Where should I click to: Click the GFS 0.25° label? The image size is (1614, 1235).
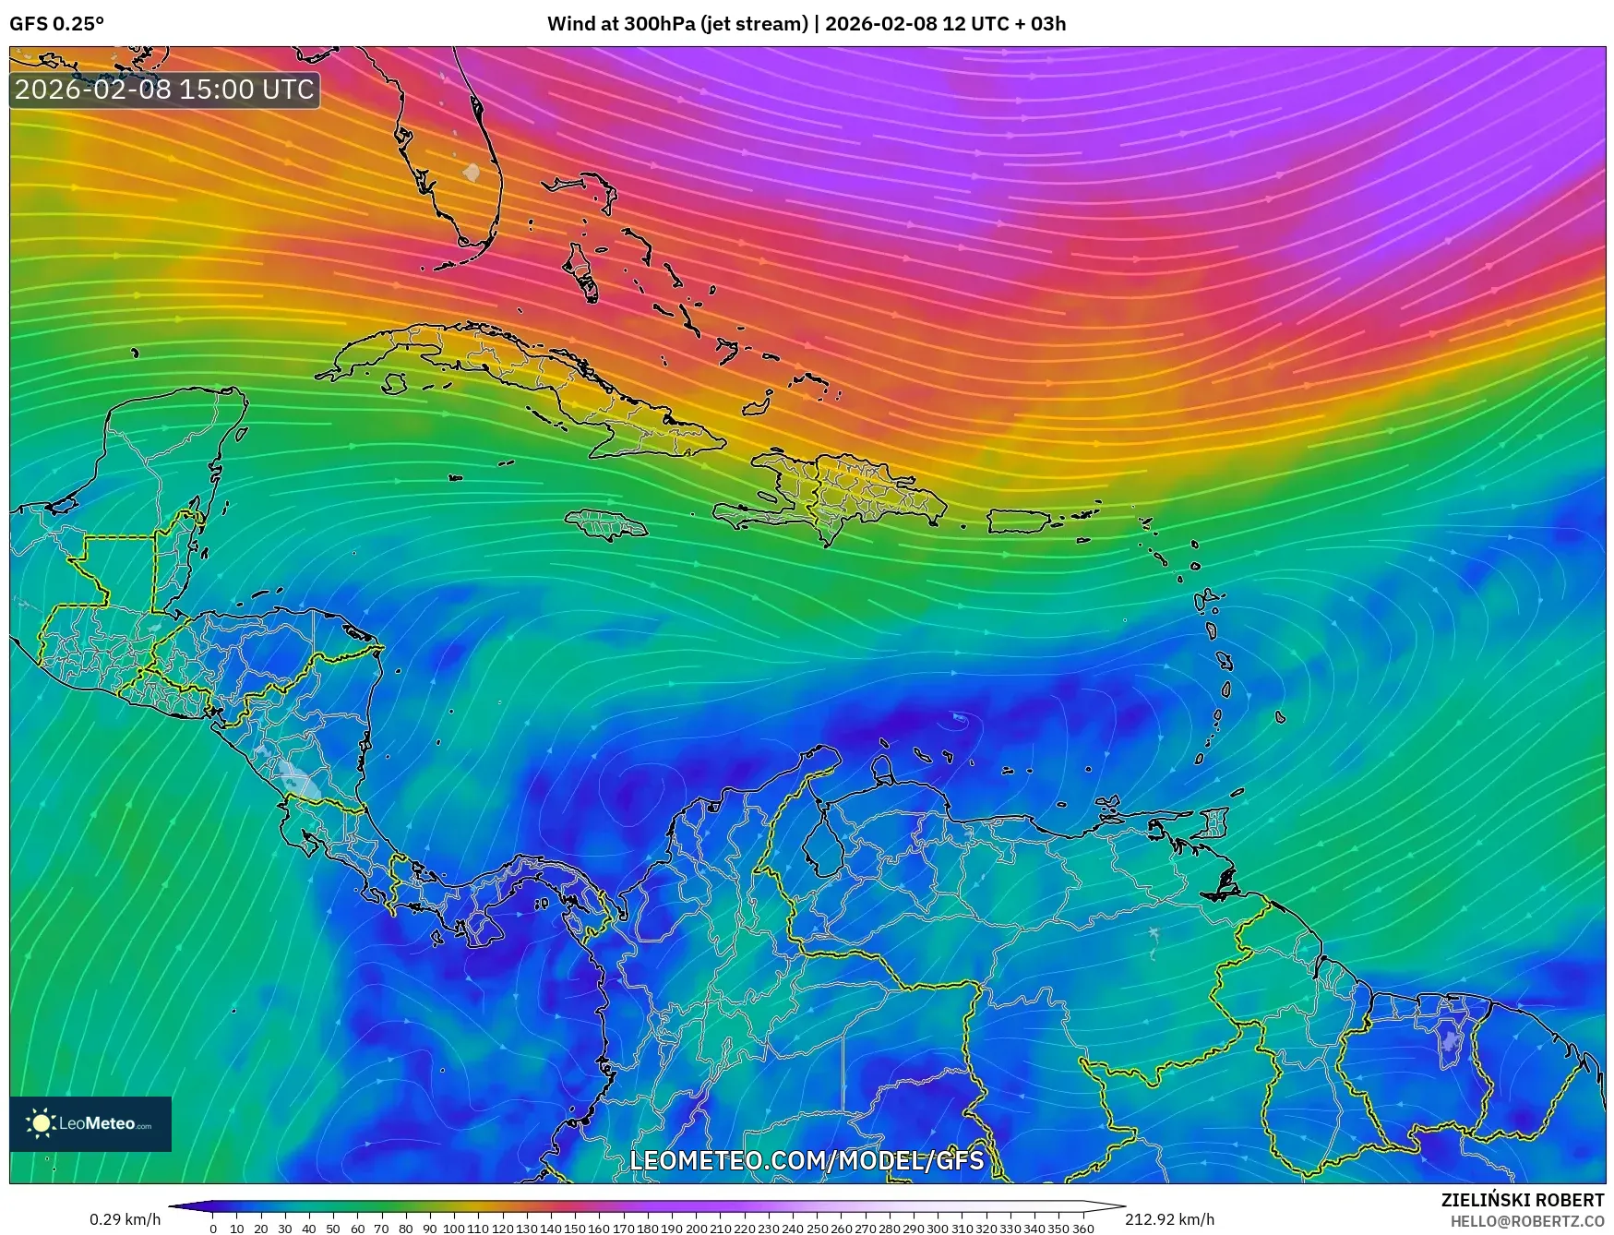56,24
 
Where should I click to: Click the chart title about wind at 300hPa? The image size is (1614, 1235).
806,24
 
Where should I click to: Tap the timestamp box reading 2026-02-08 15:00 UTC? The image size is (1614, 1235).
164,90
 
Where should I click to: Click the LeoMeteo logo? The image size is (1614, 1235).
90,1123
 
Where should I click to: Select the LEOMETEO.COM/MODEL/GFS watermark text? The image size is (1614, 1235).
807,1160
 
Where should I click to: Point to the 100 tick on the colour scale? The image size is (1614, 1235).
453,1228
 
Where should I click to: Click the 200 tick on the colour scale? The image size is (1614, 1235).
696,1228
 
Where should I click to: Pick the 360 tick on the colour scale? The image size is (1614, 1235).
1082,1228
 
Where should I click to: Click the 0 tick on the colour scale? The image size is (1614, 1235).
213,1228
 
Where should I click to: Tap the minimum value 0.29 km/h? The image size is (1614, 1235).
125,1219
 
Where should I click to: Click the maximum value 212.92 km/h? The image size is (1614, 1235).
1169,1219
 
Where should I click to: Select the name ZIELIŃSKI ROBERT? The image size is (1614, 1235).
1523,1200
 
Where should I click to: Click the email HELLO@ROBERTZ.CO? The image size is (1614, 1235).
1526,1220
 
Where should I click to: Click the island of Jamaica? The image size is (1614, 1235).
606,526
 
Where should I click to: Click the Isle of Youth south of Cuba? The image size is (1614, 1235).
395,383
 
